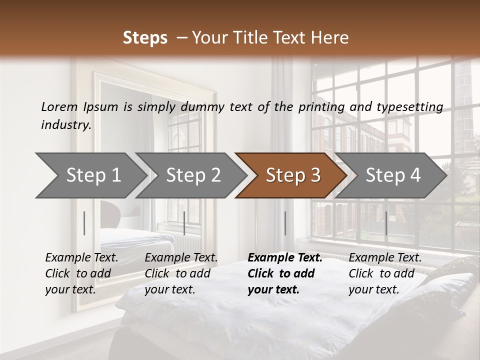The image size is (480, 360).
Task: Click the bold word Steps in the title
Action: [x=145, y=38]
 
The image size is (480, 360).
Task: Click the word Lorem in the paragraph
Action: [x=59, y=107]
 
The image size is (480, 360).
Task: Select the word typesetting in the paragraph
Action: [x=407, y=107]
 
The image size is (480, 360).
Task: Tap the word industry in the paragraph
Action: [x=65, y=125]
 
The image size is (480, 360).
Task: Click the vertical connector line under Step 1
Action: [x=84, y=223]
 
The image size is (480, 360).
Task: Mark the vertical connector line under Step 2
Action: [x=184, y=223]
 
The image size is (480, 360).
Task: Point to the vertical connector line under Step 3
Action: [x=285, y=223]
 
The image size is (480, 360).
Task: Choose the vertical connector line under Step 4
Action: [x=386, y=223]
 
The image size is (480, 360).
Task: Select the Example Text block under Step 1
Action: [x=81, y=273]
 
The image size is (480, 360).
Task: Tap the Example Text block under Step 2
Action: [x=181, y=273]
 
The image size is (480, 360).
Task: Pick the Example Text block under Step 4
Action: [x=385, y=273]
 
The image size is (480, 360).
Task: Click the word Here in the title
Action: [x=330, y=38]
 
